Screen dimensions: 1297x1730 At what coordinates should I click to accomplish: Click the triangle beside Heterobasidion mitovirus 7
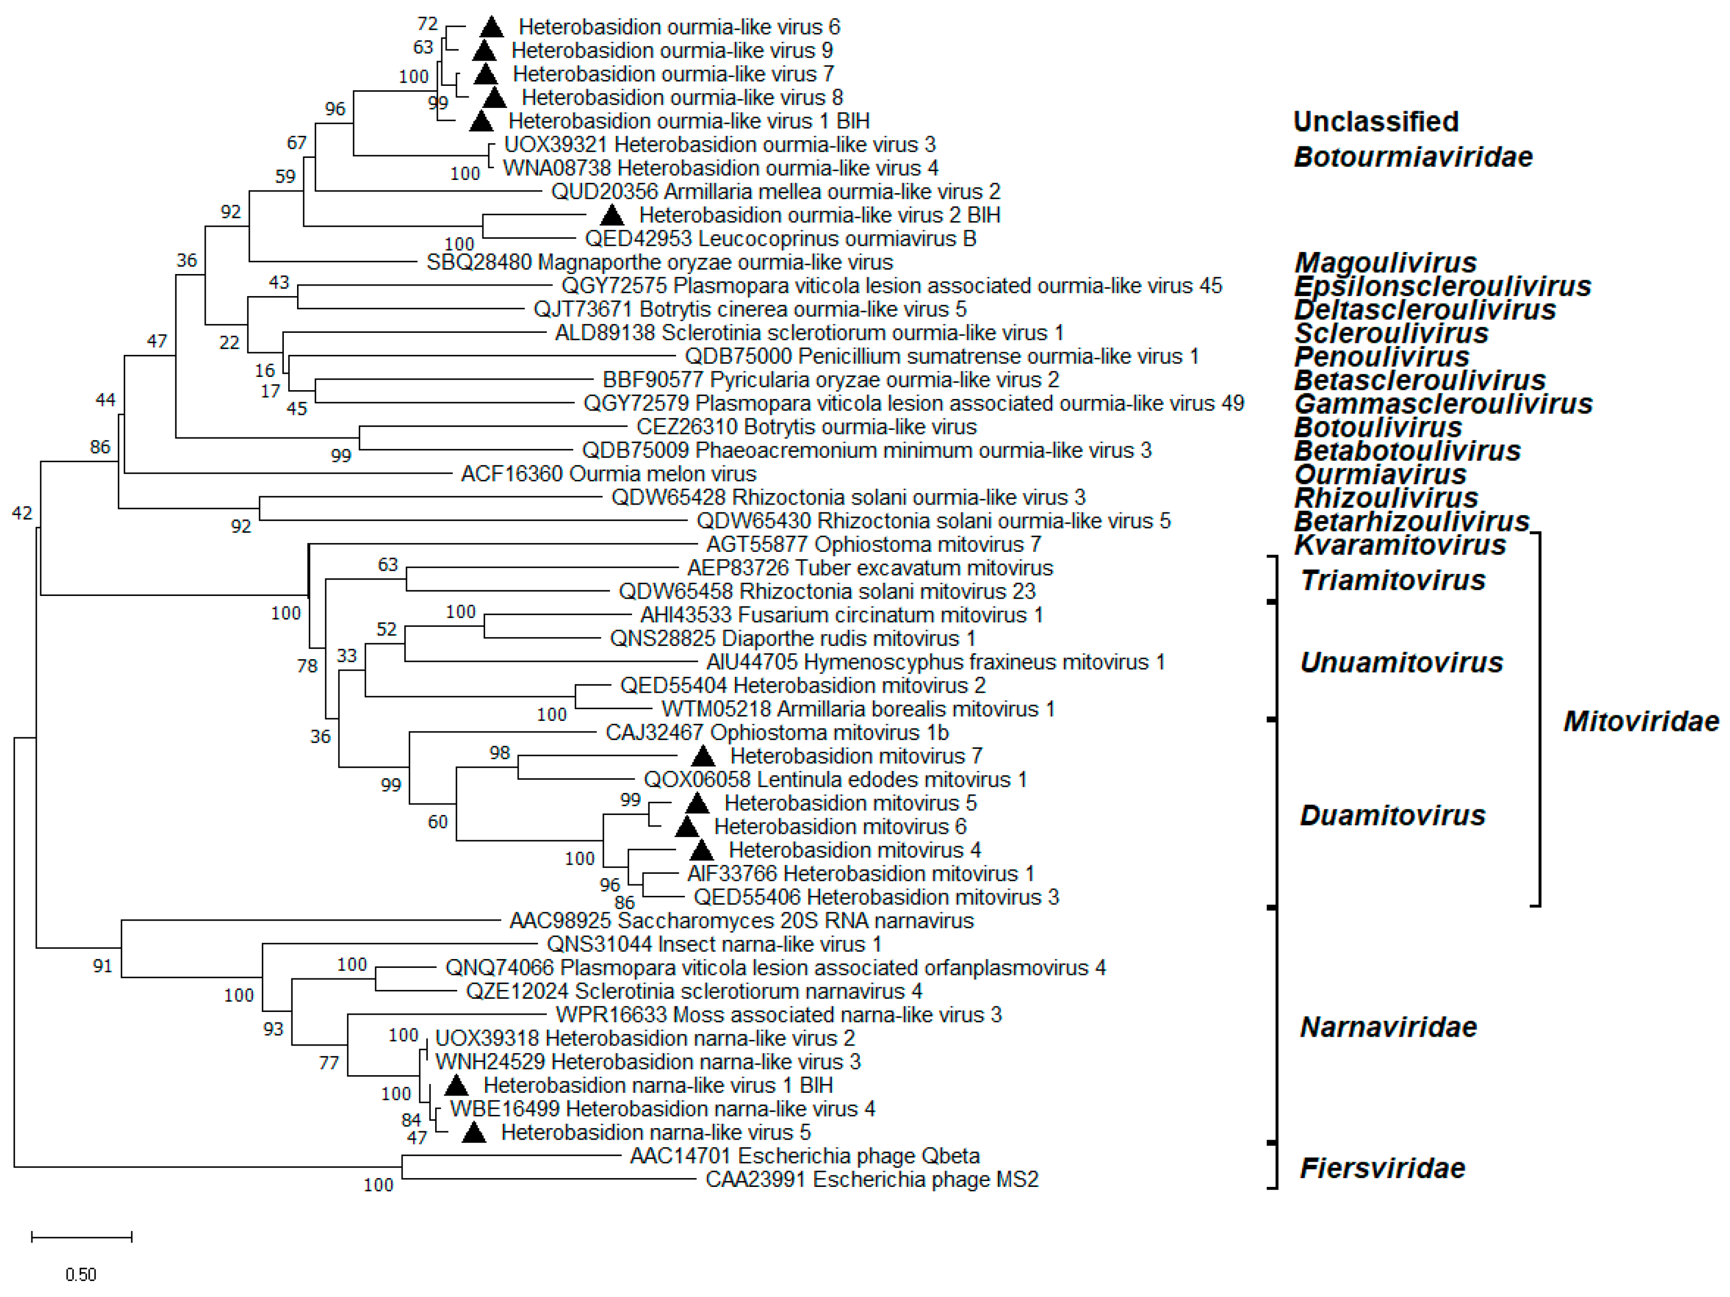703,757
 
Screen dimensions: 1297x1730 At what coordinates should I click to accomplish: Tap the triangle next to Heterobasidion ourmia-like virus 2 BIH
612,215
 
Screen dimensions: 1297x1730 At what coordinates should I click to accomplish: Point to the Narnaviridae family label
1388,1027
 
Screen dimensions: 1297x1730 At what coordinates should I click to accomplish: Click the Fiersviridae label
1382,1168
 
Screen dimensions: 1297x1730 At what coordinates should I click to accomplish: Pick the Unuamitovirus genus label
1401,663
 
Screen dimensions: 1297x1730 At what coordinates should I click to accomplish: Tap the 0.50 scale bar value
80,1274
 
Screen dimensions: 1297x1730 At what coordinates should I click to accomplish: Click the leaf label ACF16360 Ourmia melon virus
608,474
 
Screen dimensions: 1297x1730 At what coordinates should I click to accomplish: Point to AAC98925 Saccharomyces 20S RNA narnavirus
742,921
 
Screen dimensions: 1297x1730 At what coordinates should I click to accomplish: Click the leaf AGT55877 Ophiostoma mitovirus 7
874,544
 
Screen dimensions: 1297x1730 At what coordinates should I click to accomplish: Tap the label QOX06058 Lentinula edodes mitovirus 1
834,780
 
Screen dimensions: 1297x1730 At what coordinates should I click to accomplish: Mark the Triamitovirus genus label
1392,581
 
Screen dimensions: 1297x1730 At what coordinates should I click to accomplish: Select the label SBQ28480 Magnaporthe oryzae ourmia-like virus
660,262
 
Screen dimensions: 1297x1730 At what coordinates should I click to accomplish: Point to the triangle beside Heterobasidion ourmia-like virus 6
491,28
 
